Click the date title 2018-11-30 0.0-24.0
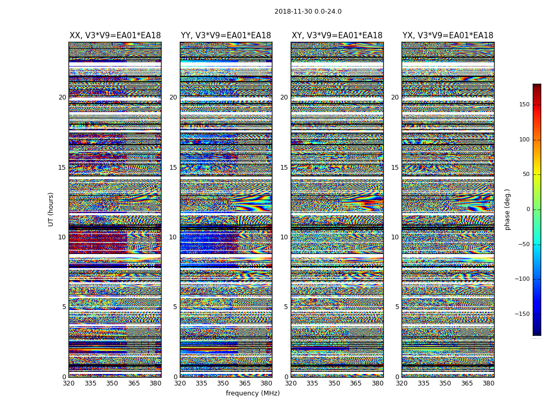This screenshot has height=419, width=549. [x=308, y=12]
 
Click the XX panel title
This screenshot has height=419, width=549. [x=115, y=36]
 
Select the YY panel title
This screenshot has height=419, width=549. [x=226, y=36]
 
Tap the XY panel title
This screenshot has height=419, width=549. [x=337, y=36]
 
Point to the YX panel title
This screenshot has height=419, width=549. [x=448, y=36]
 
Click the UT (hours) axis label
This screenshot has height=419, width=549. [x=51, y=209]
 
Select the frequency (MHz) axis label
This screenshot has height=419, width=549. [x=253, y=393]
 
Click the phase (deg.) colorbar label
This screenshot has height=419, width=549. [x=507, y=209]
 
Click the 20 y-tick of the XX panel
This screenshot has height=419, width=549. [x=62, y=97]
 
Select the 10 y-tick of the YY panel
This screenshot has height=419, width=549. [x=173, y=237]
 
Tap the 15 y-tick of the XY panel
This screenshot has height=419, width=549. [x=284, y=168]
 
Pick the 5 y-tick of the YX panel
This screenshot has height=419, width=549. [x=397, y=307]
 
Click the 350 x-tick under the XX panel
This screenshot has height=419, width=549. [x=112, y=383]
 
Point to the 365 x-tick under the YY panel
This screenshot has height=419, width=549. [x=245, y=383]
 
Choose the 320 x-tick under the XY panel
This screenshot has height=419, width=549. [x=291, y=383]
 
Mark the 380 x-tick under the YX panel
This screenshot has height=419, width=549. [x=488, y=383]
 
